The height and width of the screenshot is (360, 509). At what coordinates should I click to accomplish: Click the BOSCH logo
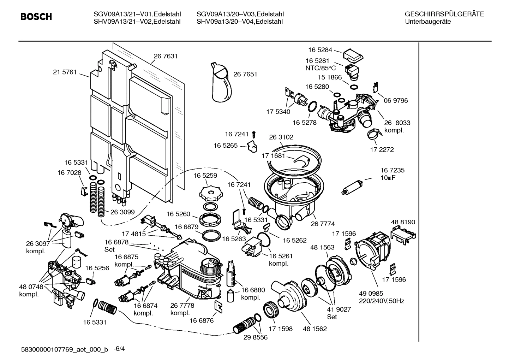tap(36, 17)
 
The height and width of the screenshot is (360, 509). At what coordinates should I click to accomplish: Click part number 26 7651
tap(245, 74)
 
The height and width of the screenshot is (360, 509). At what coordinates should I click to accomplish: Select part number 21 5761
tap(65, 72)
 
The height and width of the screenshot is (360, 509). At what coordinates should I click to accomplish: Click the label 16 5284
tap(319, 50)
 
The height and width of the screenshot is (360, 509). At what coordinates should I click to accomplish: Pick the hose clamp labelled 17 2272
tap(374, 134)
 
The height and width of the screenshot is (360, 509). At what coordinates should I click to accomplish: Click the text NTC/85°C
tap(321, 68)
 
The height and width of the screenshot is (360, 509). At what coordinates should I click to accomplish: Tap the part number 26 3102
tap(281, 137)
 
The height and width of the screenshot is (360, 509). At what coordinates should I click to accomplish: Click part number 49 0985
tap(371, 294)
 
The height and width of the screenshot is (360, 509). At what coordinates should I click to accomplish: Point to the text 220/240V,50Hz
tap(381, 301)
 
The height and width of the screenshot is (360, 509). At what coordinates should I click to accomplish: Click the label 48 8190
tap(403, 222)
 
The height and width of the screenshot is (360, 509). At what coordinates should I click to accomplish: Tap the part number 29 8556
tap(255, 337)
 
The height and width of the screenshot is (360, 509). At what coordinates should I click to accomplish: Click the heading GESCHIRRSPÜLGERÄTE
tap(444, 14)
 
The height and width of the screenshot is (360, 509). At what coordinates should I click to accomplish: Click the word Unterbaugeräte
tap(428, 22)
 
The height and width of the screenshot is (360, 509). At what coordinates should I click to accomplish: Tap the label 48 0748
tap(31, 287)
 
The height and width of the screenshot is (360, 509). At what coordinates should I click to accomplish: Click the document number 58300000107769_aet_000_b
tap(65, 350)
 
